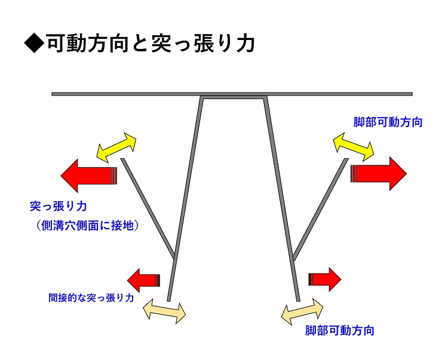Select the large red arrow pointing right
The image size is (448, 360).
(379, 173)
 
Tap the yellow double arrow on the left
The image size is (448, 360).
(116, 147)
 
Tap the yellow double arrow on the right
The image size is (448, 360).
(353, 146)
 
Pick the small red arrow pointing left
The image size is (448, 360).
(144, 279)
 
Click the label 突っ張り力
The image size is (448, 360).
(59, 207)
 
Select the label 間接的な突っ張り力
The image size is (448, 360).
(91, 297)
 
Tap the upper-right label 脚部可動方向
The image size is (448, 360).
(388, 122)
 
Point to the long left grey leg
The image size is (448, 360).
(186, 197)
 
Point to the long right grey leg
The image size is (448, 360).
(281, 197)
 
